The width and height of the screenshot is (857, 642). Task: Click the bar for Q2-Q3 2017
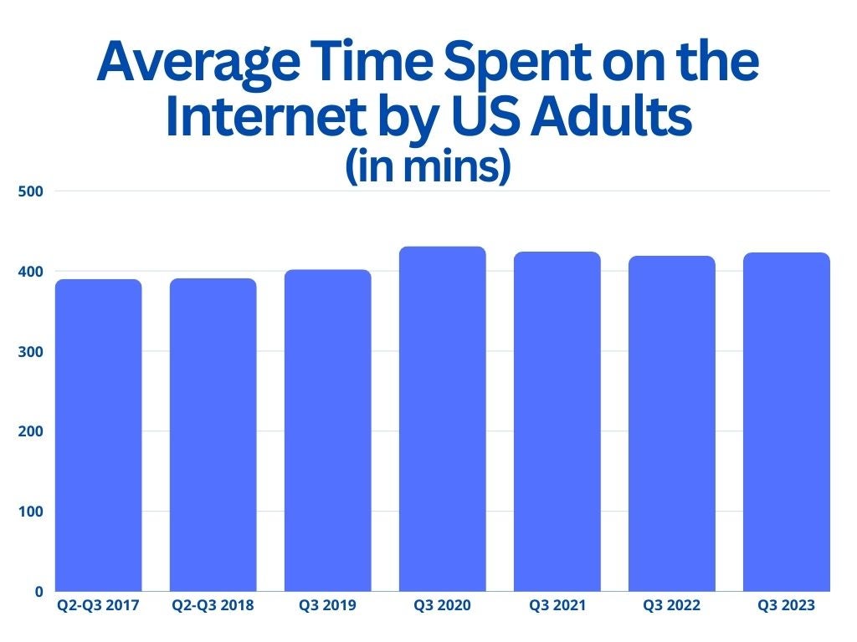pos(99,435)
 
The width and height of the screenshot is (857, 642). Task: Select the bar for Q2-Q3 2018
pos(213,435)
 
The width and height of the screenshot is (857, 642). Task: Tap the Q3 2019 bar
pos(328,431)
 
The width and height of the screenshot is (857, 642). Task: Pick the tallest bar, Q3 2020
pos(443,419)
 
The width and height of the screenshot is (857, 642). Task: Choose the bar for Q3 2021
pos(557,421)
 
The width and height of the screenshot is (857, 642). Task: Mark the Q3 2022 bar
pos(672,424)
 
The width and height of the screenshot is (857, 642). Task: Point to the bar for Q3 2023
pos(787,422)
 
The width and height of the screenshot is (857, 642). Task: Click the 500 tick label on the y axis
pos(31,191)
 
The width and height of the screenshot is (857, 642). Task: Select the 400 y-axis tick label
pos(31,272)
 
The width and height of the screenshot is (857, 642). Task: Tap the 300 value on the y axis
pos(31,352)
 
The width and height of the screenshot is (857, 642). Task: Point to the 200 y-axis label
pos(31,431)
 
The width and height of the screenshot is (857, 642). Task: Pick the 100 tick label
pos(31,512)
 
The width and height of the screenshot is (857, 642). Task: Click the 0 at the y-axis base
pos(38,592)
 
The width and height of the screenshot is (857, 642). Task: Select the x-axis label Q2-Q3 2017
pos(99,605)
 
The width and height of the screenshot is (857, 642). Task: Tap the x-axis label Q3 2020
pos(442,605)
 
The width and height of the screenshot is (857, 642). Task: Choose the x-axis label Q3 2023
pos(787,605)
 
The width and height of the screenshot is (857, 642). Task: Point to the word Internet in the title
pos(265,116)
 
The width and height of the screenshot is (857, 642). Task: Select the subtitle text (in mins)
pos(428,166)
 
